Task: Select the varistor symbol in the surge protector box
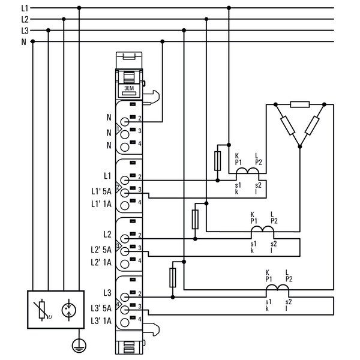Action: [43, 310]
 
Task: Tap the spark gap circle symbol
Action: [69, 310]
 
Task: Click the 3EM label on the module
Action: [129, 88]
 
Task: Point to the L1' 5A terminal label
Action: [101, 191]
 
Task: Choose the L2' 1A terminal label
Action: [101, 262]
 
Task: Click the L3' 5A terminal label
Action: [101, 308]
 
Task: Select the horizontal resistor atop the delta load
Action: [300, 104]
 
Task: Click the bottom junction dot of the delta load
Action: [299, 146]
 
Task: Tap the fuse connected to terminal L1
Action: [217, 161]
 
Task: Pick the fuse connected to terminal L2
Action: [195, 219]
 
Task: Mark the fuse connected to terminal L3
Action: [173, 278]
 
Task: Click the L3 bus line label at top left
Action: [25, 31]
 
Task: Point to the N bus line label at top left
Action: [23, 42]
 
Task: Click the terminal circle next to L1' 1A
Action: [125, 206]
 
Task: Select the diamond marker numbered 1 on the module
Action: [118, 129]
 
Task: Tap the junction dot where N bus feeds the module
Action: [163, 41]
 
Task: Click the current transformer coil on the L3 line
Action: [277, 287]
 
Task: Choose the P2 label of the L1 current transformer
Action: [259, 163]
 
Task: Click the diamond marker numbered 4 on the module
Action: [118, 305]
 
